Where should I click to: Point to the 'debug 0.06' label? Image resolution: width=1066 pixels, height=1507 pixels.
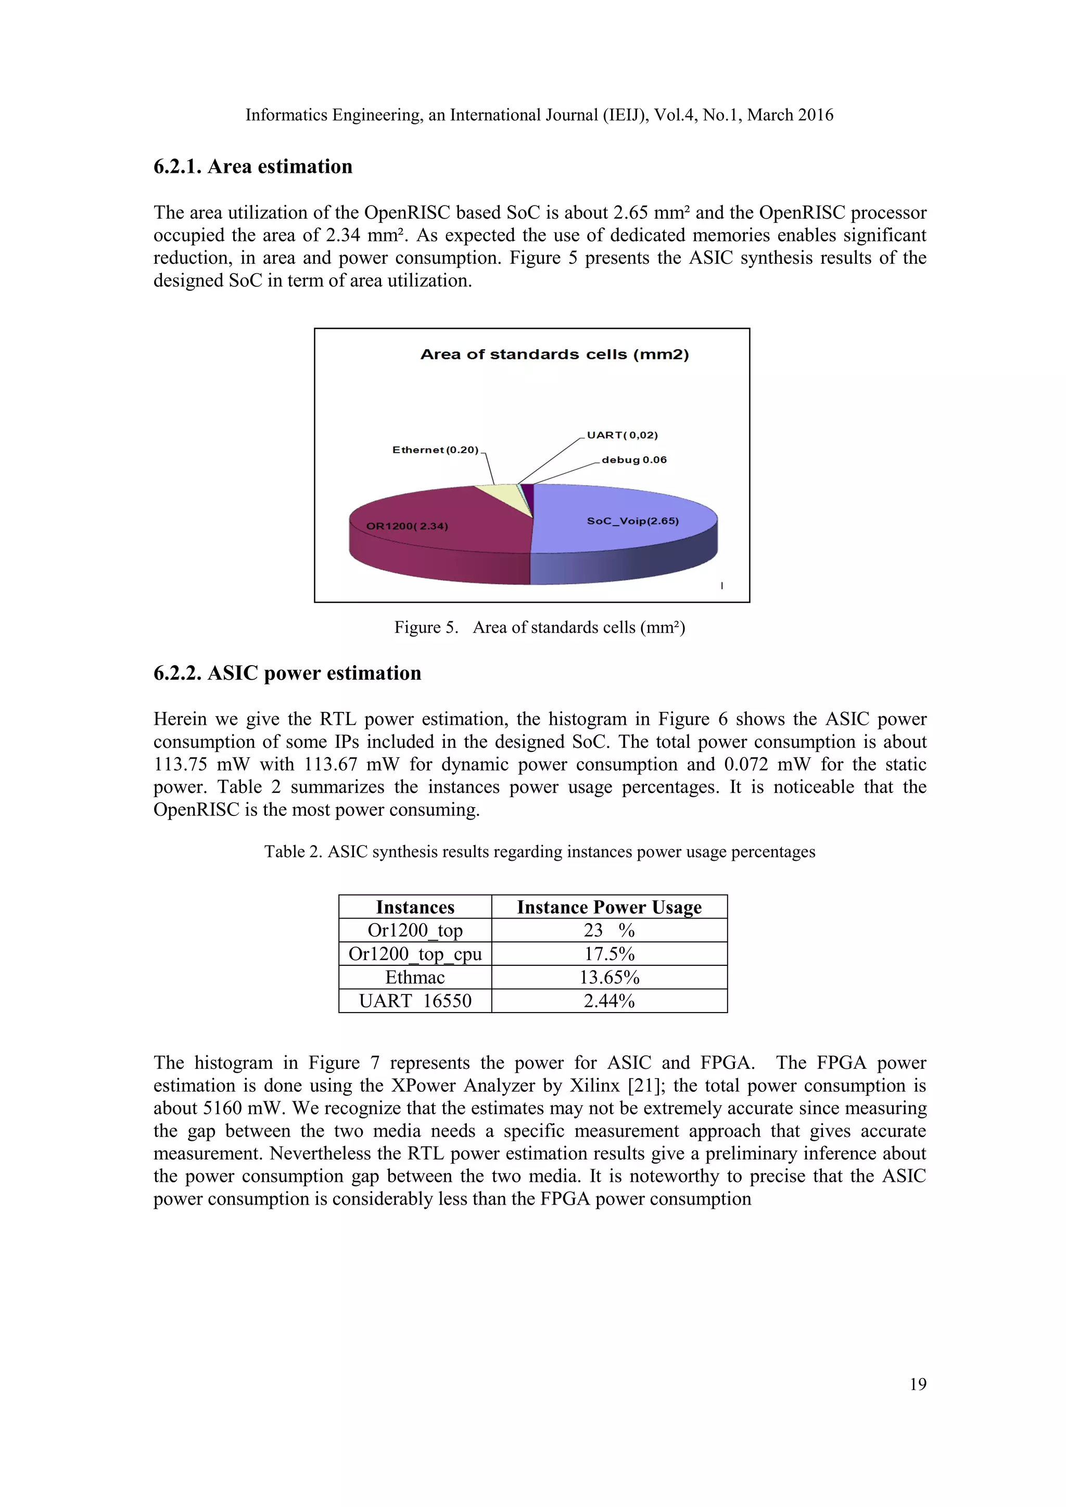click(633, 460)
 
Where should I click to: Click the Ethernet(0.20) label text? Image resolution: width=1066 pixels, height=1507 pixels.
click(435, 450)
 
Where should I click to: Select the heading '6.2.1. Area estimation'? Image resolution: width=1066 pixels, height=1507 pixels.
click(253, 167)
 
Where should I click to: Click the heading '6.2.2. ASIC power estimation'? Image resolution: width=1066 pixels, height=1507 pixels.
click(287, 673)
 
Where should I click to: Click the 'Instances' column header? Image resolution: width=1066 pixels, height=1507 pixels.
click(415, 907)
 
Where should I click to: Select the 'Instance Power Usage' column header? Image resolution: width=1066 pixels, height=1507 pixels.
click(608, 907)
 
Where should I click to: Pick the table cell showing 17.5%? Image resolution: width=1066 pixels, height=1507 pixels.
click(608, 954)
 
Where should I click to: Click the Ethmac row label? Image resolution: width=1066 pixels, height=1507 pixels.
click(415, 977)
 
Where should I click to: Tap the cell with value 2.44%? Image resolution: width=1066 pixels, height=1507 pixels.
click(608, 1001)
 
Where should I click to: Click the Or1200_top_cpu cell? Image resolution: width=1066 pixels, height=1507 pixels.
click(415, 954)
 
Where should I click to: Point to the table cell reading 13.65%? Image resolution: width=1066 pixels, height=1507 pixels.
click(608, 977)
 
